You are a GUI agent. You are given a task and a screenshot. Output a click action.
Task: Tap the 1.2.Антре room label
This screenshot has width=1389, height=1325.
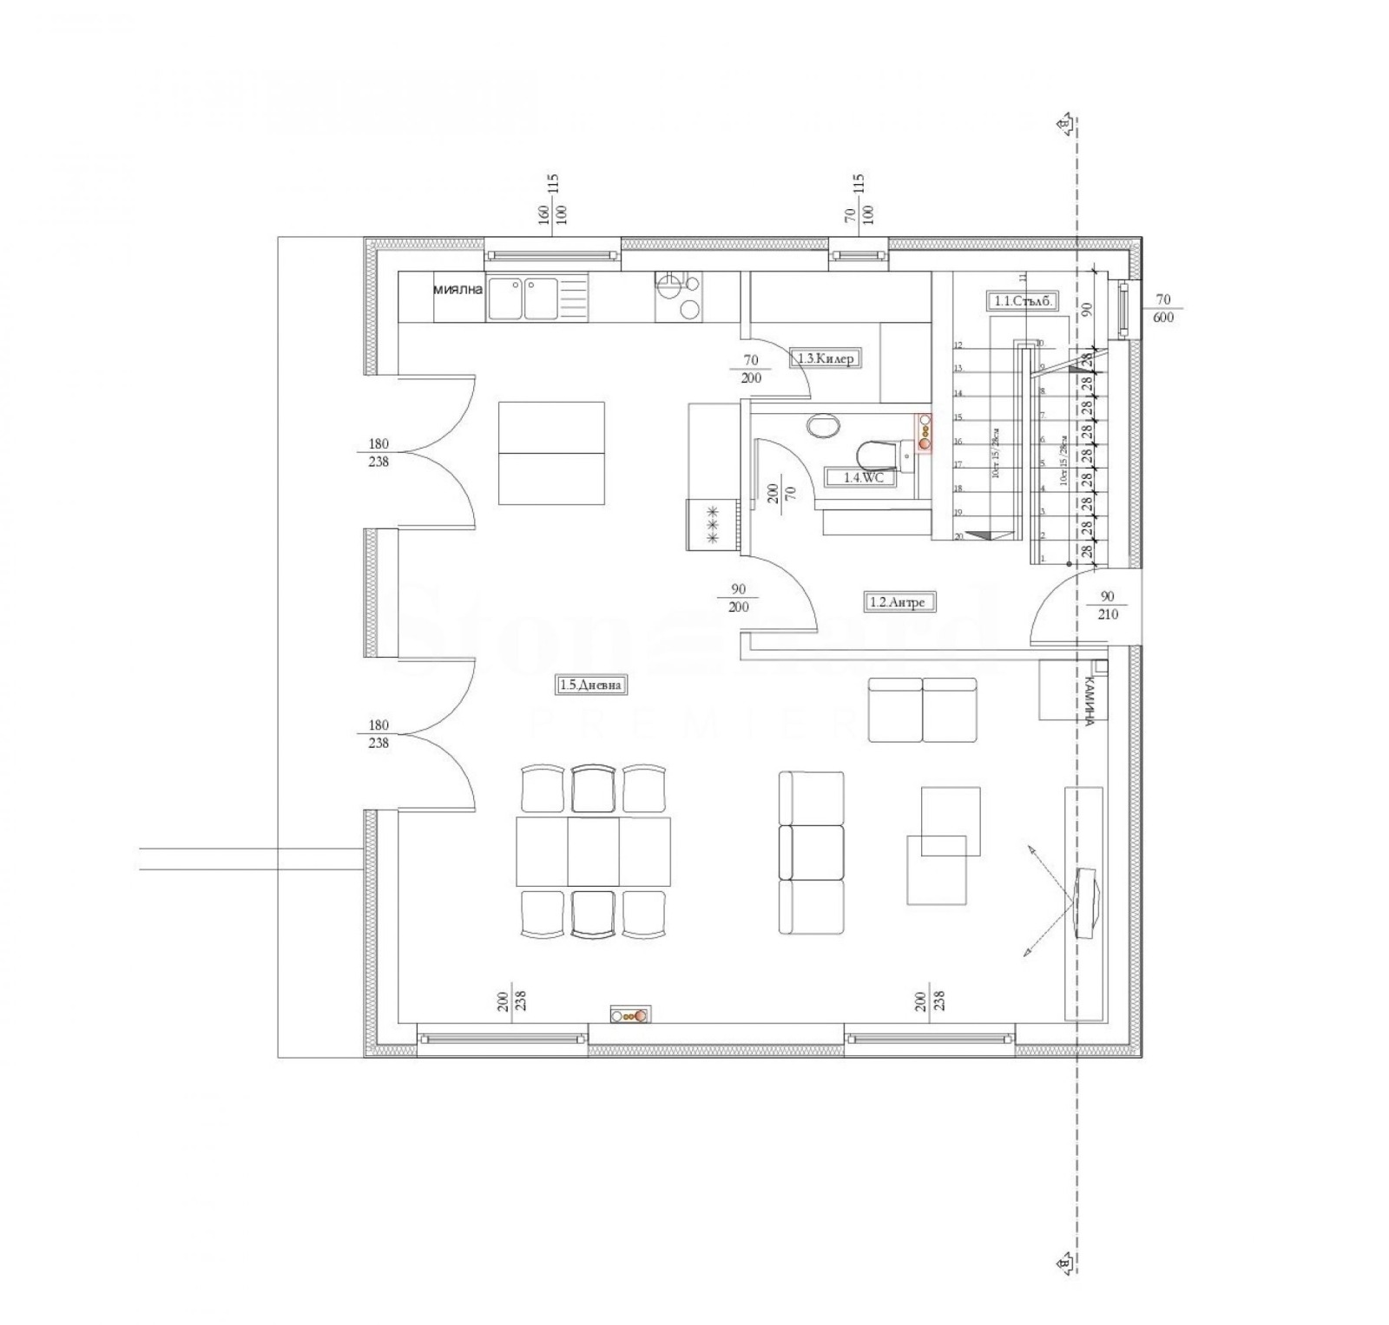[902, 600]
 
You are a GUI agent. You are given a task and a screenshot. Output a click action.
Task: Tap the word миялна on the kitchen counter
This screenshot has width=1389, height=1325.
[458, 290]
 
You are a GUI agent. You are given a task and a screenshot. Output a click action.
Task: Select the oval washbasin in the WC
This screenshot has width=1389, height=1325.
[823, 426]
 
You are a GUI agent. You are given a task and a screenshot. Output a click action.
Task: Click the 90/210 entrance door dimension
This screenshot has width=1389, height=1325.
[1108, 606]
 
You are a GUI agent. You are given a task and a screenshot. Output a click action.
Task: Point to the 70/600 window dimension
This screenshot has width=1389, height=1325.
[1163, 309]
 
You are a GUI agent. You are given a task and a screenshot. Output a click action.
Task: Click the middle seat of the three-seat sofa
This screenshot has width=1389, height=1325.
[812, 851]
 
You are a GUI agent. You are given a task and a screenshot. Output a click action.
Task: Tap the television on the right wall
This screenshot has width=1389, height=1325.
[1086, 903]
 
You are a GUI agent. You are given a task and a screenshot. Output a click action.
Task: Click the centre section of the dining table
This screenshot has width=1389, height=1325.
[594, 850]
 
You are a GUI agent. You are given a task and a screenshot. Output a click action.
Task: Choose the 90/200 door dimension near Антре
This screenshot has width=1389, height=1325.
[738, 599]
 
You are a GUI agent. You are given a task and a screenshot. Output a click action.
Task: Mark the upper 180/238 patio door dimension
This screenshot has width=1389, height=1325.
[379, 453]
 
